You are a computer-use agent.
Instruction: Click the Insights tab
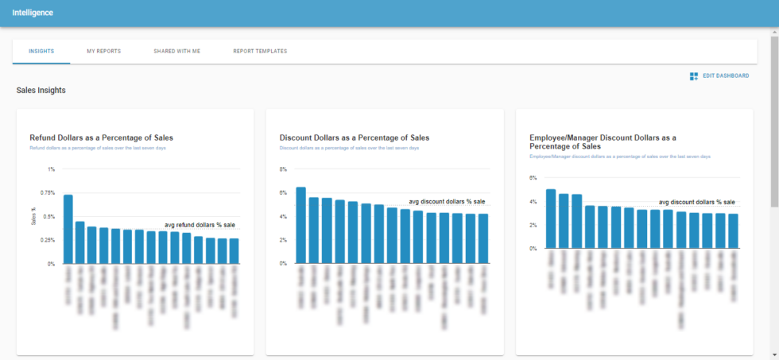point(41,51)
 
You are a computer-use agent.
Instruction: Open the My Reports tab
point(103,51)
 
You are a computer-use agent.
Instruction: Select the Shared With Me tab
point(176,51)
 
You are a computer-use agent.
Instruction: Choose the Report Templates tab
point(260,51)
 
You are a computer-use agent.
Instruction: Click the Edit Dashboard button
point(726,75)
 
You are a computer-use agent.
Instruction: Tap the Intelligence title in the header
point(33,13)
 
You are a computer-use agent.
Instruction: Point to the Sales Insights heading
point(41,91)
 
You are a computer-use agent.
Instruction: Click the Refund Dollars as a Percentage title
point(101,137)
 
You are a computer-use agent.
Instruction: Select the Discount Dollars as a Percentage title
point(355,137)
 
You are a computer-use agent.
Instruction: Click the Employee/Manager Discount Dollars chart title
point(603,141)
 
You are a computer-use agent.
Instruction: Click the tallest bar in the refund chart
point(68,229)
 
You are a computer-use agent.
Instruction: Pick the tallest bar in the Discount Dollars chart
point(300,225)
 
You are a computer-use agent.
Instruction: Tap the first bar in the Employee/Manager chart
point(551,219)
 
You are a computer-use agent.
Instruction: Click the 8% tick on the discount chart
point(282,169)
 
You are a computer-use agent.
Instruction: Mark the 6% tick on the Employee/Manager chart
point(533,178)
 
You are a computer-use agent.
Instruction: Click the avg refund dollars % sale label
point(200,225)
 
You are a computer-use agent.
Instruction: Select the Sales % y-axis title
point(33,216)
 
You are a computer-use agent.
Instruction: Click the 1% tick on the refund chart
point(51,169)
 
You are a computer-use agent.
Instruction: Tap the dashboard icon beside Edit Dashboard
point(694,75)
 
